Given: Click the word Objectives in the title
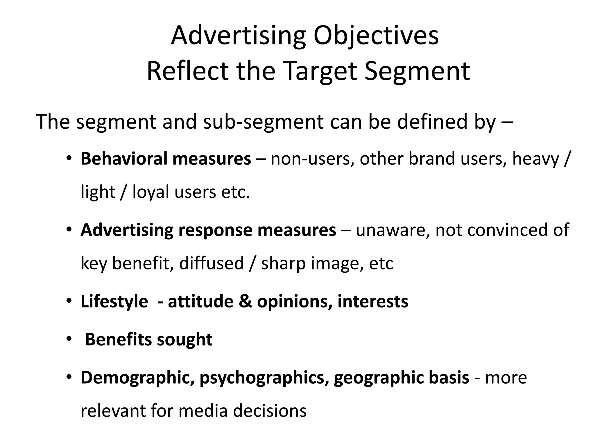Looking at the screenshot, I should click(x=376, y=36).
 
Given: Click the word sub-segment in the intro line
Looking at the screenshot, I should click(x=263, y=122).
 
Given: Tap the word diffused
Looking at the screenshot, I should click(x=211, y=263).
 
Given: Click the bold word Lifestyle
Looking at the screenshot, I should click(x=114, y=301).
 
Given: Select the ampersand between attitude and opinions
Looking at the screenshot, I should click(x=245, y=301).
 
